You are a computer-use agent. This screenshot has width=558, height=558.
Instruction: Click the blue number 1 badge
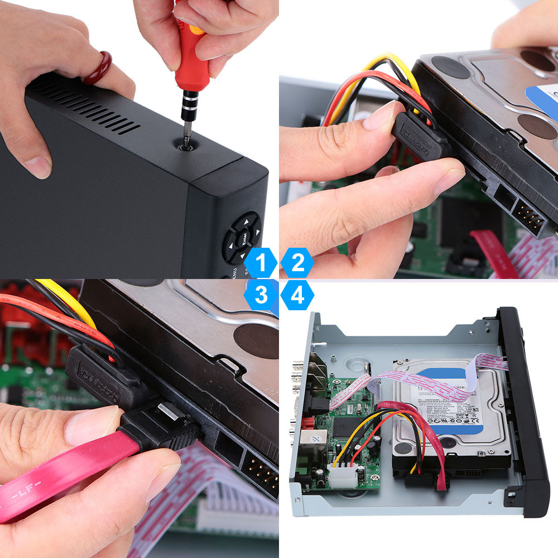pyautogui.click(x=260, y=263)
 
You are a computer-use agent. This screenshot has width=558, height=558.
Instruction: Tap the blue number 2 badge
pyautogui.click(x=297, y=263)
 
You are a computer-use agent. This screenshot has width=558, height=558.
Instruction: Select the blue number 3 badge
pyautogui.click(x=260, y=295)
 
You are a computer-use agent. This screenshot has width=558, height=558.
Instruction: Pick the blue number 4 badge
pyautogui.click(x=297, y=295)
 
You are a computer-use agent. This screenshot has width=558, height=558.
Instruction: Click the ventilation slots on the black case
pyautogui.click(x=84, y=106)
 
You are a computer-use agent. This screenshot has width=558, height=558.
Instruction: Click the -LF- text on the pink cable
pyautogui.click(x=22, y=494)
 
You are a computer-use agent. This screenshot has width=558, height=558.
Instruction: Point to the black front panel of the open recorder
pyautogui.click(x=525, y=402)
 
